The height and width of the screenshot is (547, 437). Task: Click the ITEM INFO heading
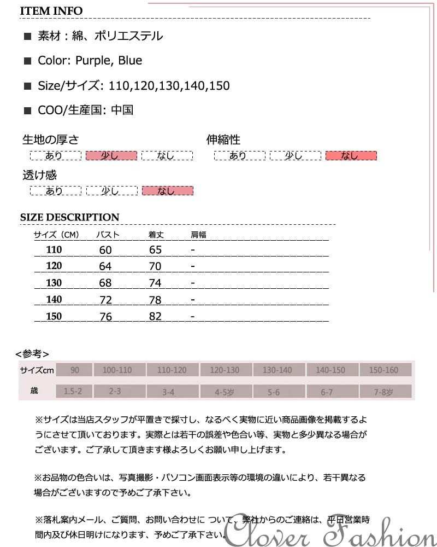[x=51, y=11]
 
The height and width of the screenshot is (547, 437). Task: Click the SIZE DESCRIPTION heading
[x=69, y=217]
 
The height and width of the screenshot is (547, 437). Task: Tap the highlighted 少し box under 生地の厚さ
[x=111, y=156]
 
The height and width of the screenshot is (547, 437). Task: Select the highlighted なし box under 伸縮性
[x=351, y=156]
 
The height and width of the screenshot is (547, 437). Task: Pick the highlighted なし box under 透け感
[x=167, y=191]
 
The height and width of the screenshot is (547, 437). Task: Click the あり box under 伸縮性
[x=239, y=156]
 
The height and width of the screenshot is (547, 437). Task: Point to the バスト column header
[x=108, y=235]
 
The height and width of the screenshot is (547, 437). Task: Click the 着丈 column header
[x=156, y=235]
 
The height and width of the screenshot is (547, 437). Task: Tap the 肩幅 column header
[x=198, y=235]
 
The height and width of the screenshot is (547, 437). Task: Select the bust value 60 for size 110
[x=105, y=250]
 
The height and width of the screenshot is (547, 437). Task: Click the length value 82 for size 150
[x=156, y=317]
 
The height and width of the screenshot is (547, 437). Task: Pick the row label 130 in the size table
[x=54, y=283]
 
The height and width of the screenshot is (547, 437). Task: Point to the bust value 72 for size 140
[x=105, y=300]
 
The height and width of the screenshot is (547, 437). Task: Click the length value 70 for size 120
[x=156, y=266]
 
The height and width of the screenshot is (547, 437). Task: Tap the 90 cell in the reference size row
[x=74, y=370]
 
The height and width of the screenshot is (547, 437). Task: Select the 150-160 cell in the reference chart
[x=384, y=370]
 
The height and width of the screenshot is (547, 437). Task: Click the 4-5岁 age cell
[x=225, y=392]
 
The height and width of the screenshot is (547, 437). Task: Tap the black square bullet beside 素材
[x=28, y=37]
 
